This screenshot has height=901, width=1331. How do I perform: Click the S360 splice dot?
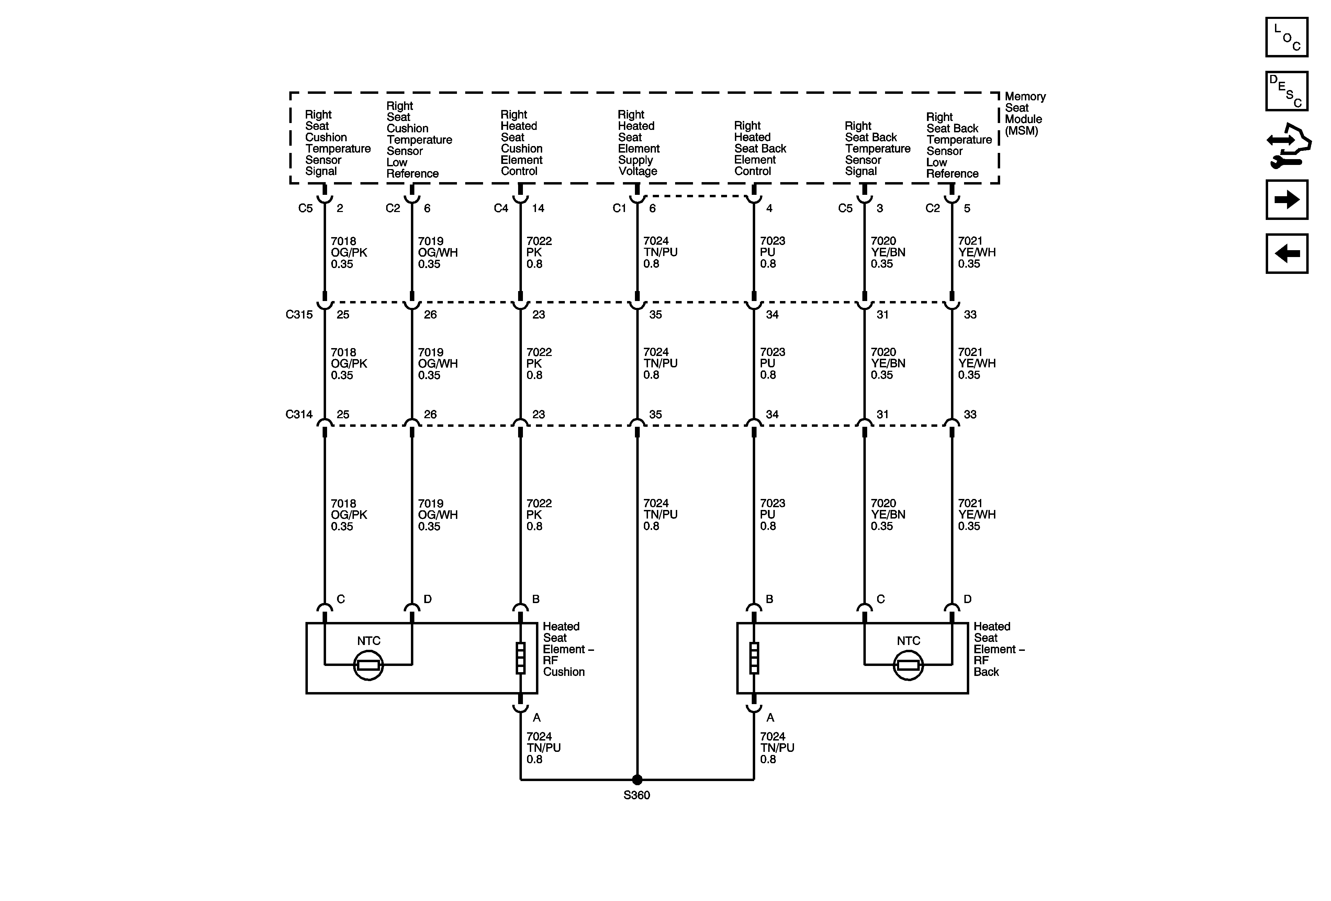(637, 780)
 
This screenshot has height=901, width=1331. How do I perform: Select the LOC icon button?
(1286, 37)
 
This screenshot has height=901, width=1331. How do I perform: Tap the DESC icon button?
(1286, 91)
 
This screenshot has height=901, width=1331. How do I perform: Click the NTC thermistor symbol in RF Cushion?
(368, 665)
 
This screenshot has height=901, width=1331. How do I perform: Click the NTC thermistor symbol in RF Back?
(908, 665)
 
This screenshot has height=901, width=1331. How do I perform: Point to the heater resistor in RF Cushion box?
(521, 658)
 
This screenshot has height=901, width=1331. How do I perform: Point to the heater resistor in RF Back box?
(754, 658)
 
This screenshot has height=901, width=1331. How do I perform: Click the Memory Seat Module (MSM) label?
(1025, 113)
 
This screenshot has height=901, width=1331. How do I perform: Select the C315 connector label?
(299, 314)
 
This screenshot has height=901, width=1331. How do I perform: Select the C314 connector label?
(299, 414)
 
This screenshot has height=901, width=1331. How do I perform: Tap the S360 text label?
(637, 795)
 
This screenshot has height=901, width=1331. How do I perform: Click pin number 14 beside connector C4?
(538, 209)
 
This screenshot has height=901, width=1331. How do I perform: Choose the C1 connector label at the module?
(619, 209)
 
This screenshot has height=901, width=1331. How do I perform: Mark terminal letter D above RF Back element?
(967, 599)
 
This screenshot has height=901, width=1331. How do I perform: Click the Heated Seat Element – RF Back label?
(998, 649)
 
